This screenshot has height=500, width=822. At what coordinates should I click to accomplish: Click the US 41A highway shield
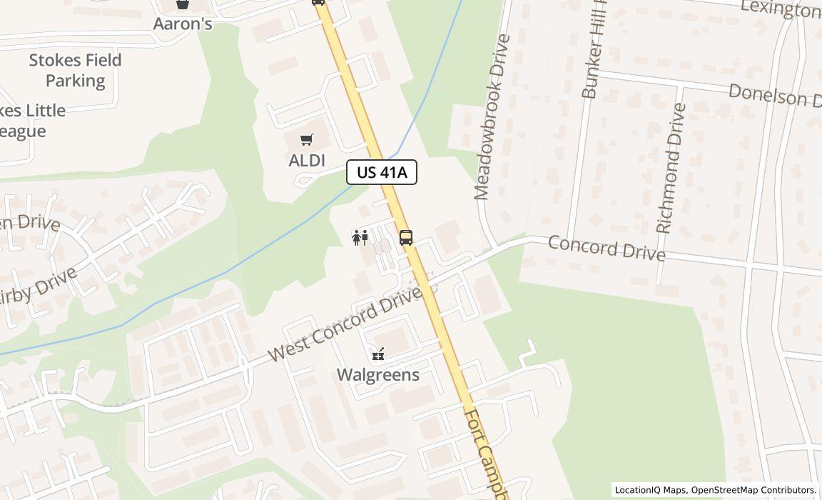[382, 172]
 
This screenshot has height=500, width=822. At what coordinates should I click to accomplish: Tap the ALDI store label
[307, 160]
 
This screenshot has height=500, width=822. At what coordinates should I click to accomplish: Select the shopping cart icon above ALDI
[307, 140]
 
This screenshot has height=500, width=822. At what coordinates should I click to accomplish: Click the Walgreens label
[377, 374]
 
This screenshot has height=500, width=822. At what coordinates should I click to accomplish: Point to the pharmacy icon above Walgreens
[377, 354]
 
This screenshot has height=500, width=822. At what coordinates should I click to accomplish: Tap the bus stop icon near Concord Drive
[406, 238]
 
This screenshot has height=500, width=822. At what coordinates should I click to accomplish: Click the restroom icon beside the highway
[360, 237]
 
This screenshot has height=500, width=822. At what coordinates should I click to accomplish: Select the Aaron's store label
[183, 24]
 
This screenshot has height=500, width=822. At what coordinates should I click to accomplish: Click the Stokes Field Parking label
[75, 70]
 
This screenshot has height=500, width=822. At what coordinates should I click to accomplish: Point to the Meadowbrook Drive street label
[492, 117]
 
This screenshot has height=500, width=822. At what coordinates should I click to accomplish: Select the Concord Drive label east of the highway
[607, 248]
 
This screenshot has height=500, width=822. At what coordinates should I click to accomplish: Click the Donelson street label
[773, 95]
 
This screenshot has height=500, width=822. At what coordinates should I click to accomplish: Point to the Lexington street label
[781, 9]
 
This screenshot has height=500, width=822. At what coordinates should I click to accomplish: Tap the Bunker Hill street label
[593, 50]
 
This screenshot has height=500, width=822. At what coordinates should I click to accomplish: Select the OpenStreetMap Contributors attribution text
[753, 490]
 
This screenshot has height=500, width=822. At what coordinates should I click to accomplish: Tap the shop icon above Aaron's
[183, 4]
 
